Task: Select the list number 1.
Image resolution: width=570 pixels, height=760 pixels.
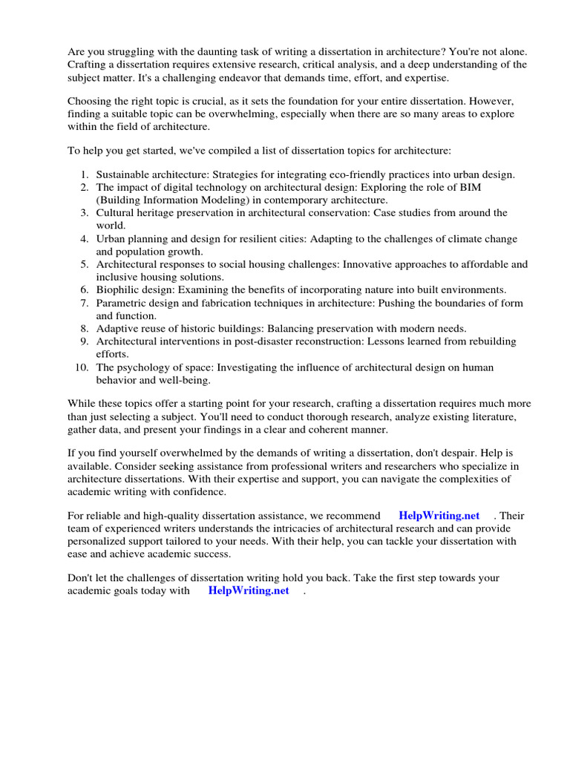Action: coord(84,174)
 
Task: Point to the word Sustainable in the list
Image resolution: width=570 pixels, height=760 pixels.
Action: coord(123,174)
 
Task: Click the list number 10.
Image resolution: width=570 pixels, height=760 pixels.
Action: coord(82,367)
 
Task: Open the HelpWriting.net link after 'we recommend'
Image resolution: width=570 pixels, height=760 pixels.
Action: coord(439,515)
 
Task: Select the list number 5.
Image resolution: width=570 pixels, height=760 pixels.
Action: coord(84,264)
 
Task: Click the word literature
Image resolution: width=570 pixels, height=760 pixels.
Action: coord(491,416)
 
